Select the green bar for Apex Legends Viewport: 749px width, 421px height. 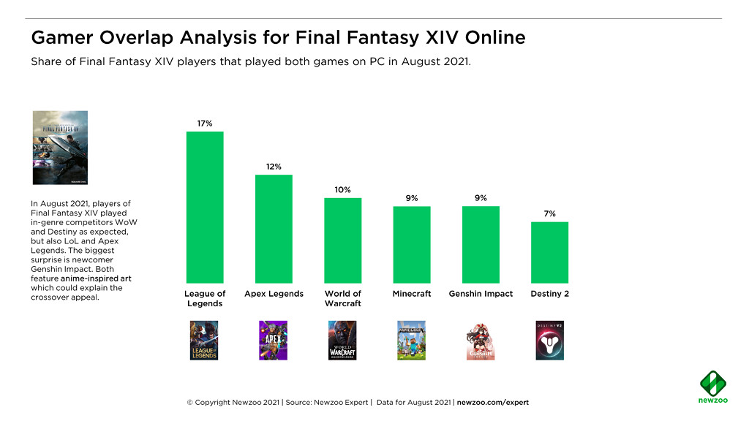274,229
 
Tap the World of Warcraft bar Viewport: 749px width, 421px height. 343,240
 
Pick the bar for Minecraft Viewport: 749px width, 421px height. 412,244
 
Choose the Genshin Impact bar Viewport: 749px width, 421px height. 481,244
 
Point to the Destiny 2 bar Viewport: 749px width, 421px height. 549,252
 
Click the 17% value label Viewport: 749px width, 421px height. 205,124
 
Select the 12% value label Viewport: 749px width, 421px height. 274,167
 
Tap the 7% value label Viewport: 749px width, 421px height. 549,213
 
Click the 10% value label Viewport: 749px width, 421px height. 343,190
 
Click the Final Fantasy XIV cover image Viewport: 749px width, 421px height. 60,148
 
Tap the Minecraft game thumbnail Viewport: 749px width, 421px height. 411,340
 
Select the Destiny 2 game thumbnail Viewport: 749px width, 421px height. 549,340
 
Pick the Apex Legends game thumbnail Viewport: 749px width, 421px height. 273,340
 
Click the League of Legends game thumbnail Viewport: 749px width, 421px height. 204,340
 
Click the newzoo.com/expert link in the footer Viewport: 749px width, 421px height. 492,403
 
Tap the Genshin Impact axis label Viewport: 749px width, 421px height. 481,294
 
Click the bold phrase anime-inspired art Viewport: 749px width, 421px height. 96,278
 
